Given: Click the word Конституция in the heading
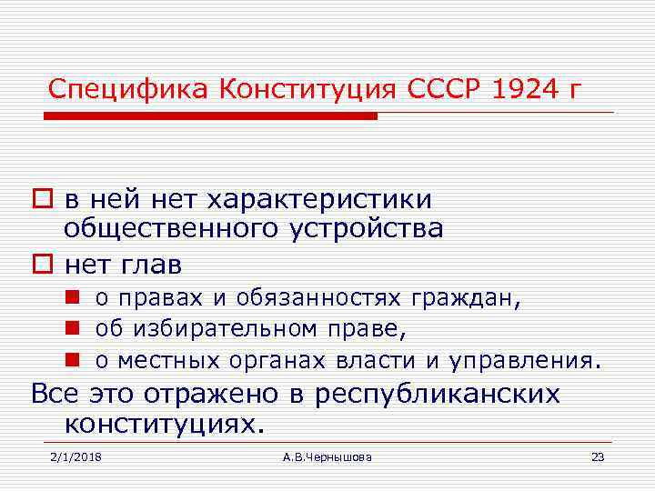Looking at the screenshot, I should click(307, 90).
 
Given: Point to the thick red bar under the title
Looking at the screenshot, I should click(210, 116).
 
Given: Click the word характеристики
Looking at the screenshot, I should click(320, 199).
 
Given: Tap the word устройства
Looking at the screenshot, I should click(367, 227).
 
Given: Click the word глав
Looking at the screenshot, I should click(150, 266).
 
